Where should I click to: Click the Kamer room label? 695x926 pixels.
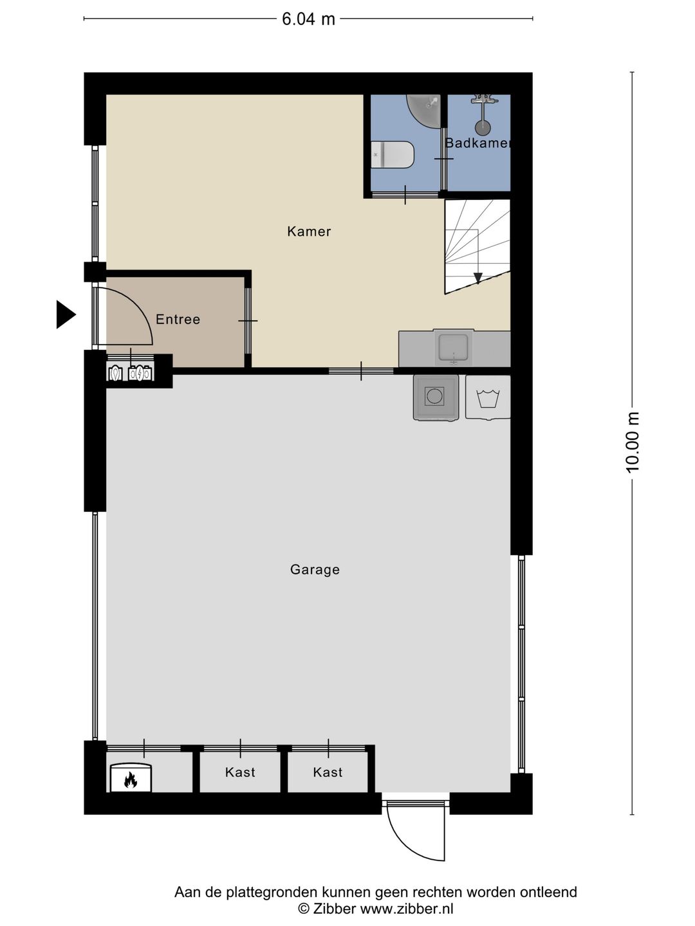tap(309, 232)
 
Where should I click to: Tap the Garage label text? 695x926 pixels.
tap(315, 570)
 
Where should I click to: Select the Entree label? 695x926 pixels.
tap(178, 319)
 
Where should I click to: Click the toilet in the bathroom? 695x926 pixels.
tap(392, 154)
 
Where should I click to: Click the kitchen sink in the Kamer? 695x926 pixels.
tap(453, 348)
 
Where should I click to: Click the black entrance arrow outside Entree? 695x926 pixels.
tap(66, 314)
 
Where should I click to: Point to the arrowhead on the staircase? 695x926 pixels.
tap(477, 278)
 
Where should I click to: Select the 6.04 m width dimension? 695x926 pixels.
tap(308, 19)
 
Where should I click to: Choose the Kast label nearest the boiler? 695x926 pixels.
tap(239, 772)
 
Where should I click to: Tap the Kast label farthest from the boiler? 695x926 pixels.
tap(328, 772)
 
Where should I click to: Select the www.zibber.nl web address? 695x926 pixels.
tap(406, 909)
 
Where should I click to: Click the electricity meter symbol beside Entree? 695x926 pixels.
tap(140, 373)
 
